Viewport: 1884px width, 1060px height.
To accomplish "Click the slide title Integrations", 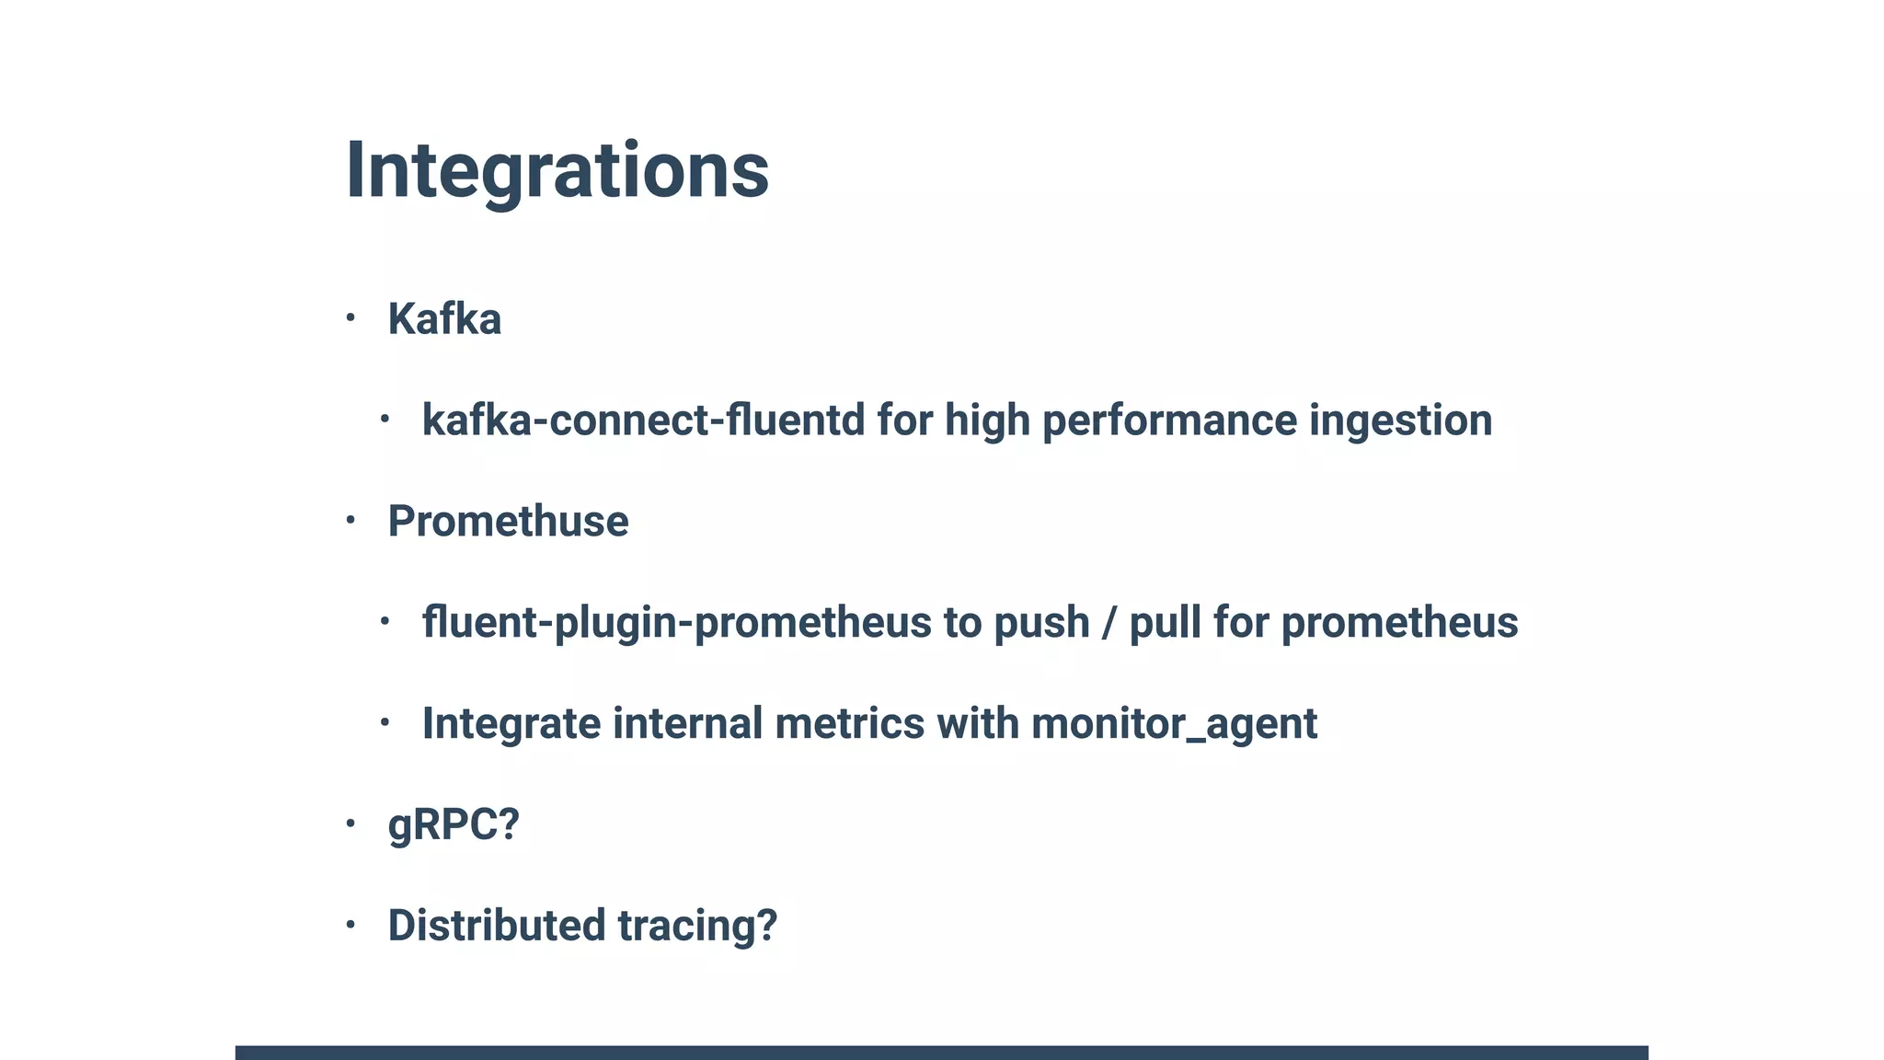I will coord(557,171).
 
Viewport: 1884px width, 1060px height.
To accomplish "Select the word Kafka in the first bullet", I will coord(444,319).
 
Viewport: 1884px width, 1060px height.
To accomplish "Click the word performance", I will coord(1169,421).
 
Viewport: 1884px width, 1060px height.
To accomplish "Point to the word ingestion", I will coord(1400,421).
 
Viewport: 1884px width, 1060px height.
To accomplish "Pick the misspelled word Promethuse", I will coord(508,522).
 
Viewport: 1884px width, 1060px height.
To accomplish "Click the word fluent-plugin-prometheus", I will coord(676,623).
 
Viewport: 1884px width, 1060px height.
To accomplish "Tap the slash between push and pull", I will coord(1109,623).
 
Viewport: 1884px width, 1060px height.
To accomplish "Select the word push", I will coord(1041,623).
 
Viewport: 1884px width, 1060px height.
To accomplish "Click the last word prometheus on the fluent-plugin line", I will coord(1399,623).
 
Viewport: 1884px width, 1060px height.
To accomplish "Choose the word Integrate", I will coord(511,723).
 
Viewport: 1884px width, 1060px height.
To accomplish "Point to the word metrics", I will coord(849,723).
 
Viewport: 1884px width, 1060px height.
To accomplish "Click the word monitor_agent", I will coord(1174,723).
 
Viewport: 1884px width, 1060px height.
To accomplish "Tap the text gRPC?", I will coord(454,824).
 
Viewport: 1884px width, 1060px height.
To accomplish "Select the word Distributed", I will coord(496,926).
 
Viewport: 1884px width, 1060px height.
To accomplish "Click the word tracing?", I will coord(696,926).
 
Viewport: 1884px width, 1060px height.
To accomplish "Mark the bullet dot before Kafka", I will coord(350,318).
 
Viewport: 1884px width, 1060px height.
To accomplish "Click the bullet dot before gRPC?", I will coord(350,824).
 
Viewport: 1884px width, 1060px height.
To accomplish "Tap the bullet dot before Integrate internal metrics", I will coord(385,723).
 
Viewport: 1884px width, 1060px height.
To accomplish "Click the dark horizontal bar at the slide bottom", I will coord(941,1052).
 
